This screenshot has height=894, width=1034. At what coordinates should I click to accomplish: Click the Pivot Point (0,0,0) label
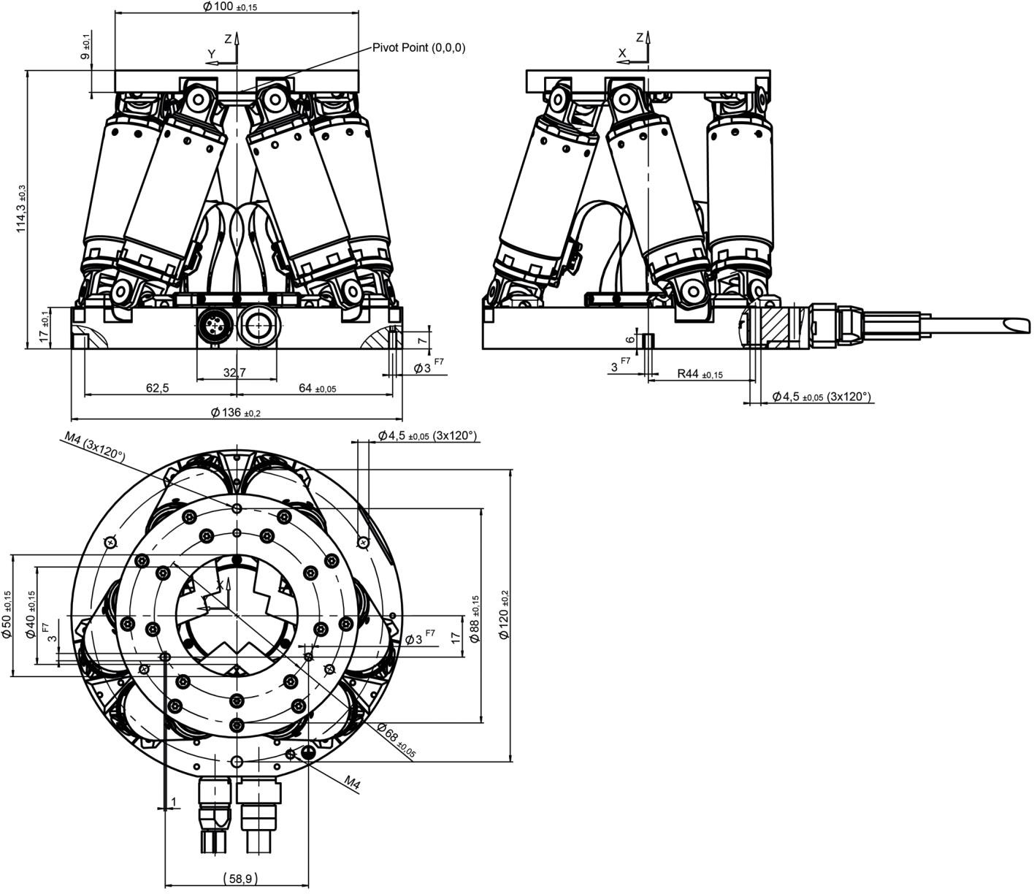pos(418,48)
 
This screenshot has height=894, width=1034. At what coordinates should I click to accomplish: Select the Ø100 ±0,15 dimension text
pos(231,7)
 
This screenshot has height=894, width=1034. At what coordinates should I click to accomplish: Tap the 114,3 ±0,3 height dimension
pos(21,208)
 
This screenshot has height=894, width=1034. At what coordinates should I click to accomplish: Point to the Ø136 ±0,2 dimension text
pos(236,413)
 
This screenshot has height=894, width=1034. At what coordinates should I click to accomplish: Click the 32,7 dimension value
pos(234,372)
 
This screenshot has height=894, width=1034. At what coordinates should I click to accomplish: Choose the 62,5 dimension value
pos(158,388)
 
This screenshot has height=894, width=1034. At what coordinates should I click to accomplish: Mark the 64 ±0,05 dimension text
pos(317,389)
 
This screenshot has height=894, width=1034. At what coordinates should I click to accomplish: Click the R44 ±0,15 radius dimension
pos(700,374)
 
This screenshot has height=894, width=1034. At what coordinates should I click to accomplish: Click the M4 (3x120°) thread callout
pos(94,447)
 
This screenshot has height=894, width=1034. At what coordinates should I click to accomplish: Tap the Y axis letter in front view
pos(212,53)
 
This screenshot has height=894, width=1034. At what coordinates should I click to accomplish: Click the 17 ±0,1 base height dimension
pos(45,327)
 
